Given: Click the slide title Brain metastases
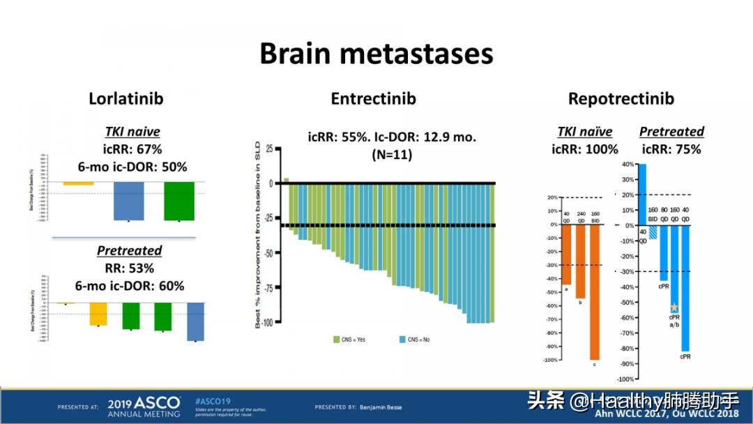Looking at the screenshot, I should (x=376, y=54).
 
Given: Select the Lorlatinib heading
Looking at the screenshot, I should (x=125, y=98).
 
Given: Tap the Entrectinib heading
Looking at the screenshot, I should (x=373, y=98).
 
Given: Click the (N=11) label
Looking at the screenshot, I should (x=392, y=154).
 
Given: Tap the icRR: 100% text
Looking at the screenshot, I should (x=584, y=149).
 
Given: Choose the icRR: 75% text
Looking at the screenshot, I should (x=671, y=149).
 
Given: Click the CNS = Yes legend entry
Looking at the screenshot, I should (x=349, y=340).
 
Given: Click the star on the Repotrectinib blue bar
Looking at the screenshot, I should (x=674, y=307).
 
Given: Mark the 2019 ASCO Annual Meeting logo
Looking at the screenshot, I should (x=144, y=407).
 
